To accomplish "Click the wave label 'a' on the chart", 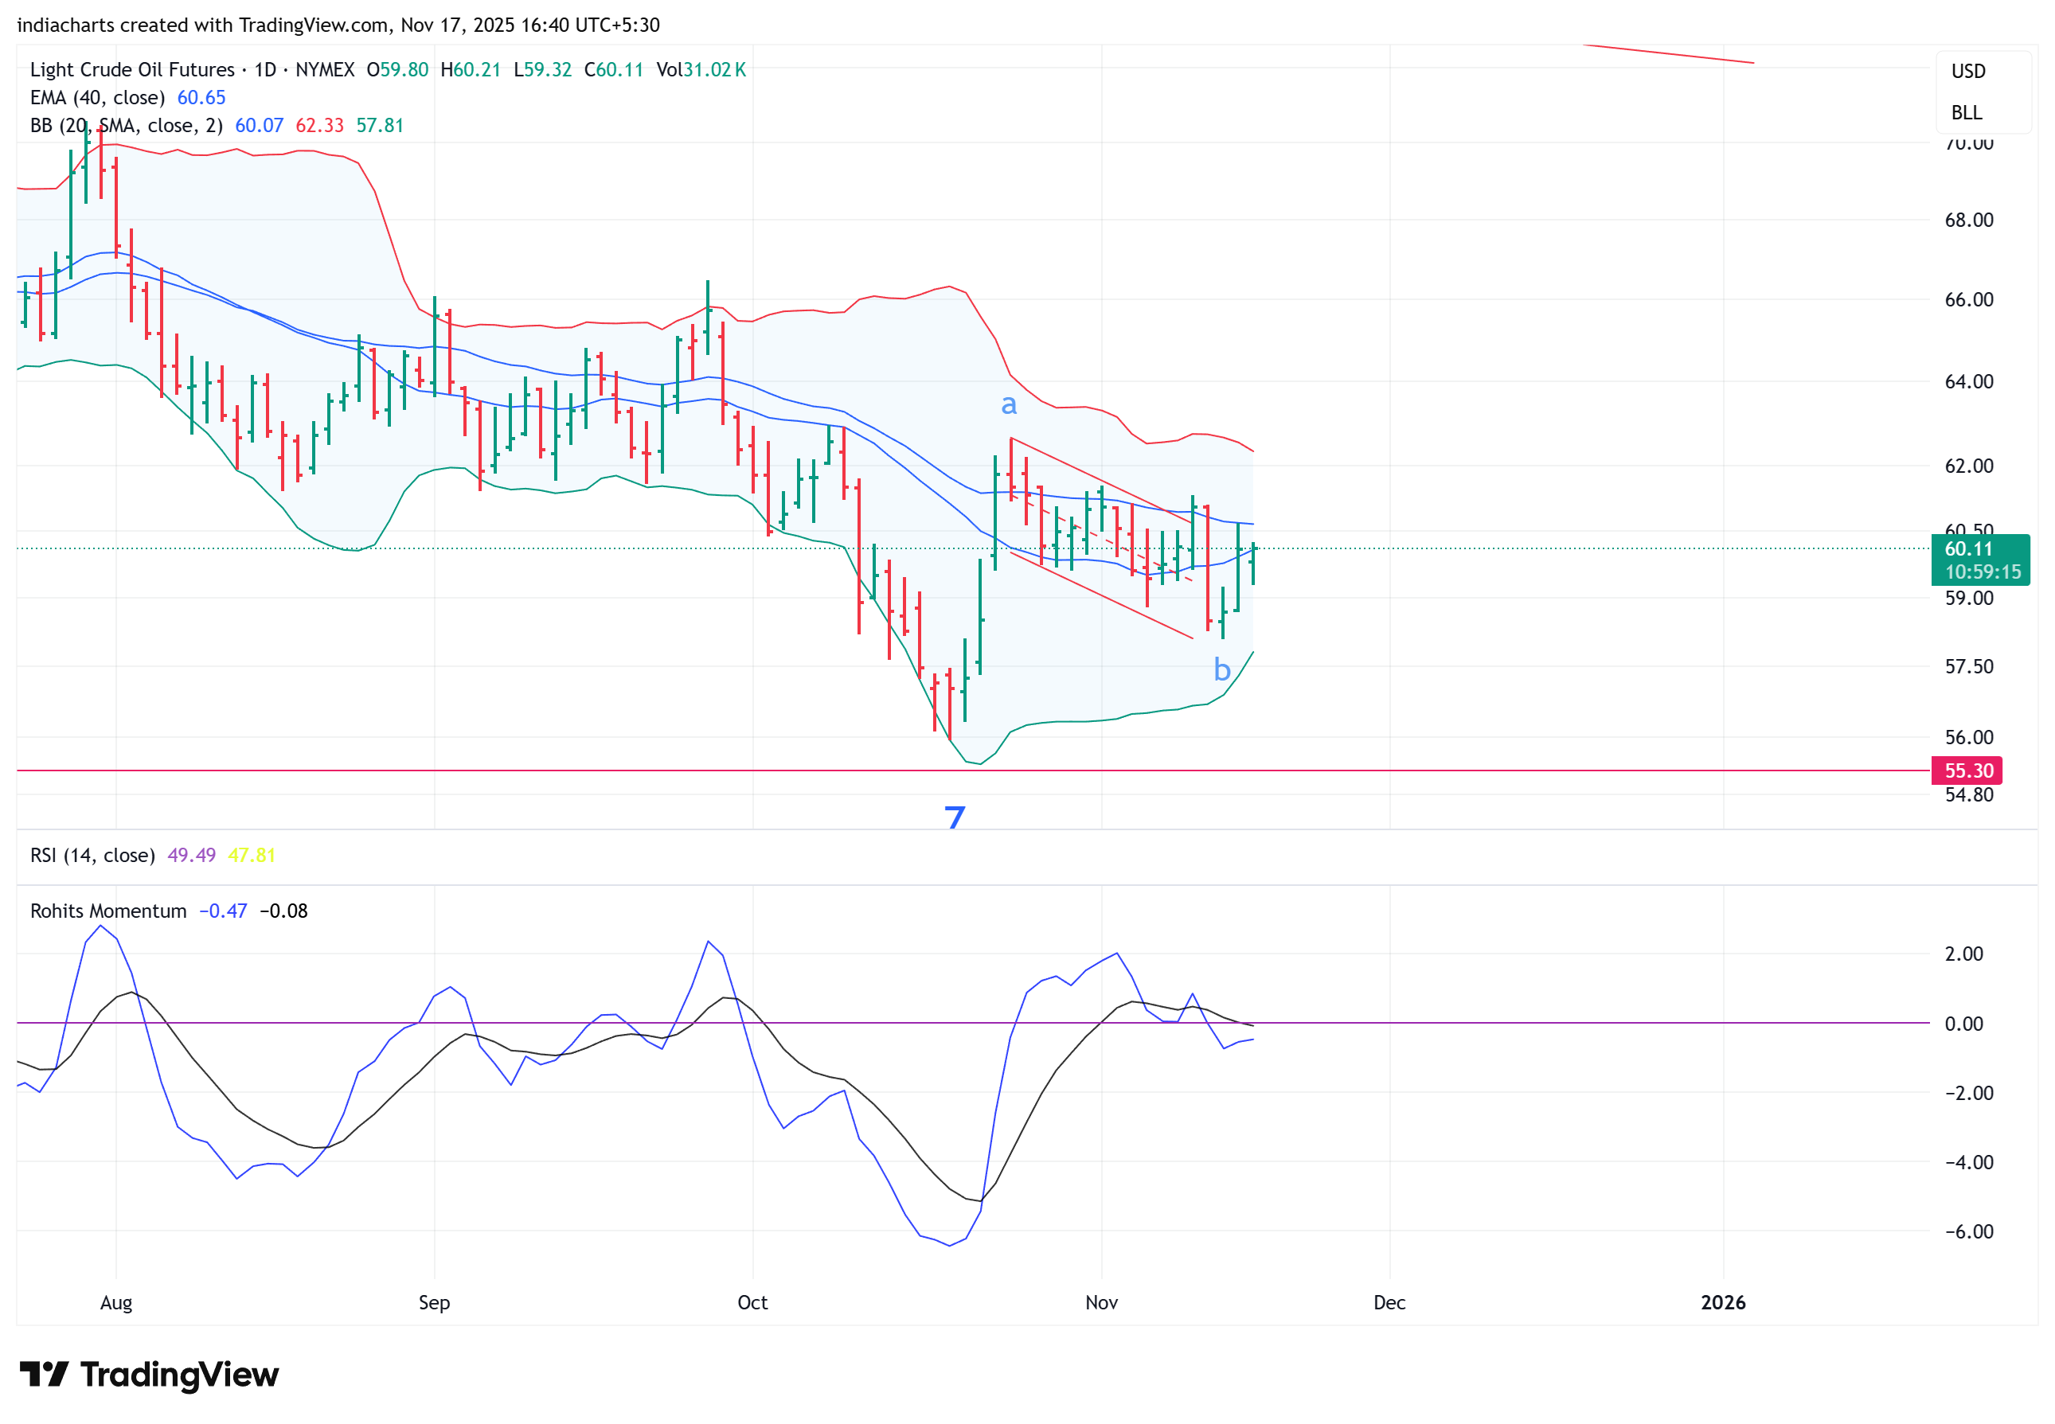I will coord(1008,405).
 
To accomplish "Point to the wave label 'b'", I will coord(1221,669).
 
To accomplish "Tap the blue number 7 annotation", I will coord(955,816).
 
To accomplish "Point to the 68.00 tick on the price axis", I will coord(1967,220).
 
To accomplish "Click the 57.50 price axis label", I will coord(1967,666).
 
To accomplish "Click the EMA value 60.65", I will coord(201,97).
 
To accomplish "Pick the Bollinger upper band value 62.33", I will coord(319,126).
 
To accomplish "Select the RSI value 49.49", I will coord(191,855).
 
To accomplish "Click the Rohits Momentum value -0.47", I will coord(222,911).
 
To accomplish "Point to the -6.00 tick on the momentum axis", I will coord(1967,1231).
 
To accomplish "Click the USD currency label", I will coord(1967,72).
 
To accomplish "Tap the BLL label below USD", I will coord(1966,112).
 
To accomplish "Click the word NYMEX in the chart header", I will coord(325,69).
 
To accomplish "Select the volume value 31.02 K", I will coord(715,69).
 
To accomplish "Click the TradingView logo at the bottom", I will coord(149,1375).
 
